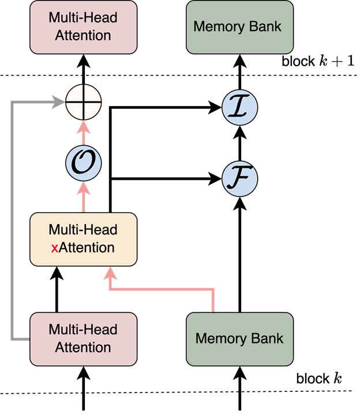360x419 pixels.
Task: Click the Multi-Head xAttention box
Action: pyautogui.click(x=83, y=239)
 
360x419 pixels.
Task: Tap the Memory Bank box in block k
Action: pyautogui.click(x=239, y=338)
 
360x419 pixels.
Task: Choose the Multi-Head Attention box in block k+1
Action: pyautogui.click(x=83, y=27)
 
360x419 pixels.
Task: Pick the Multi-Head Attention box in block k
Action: pyautogui.click(x=83, y=338)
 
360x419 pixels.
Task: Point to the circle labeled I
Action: pyautogui.click(x=239, y=107)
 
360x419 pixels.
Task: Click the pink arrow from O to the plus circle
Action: pyautogui.click(x=83, y=135)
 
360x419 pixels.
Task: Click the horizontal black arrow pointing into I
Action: pyautogui.click(x=173, y=107)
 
